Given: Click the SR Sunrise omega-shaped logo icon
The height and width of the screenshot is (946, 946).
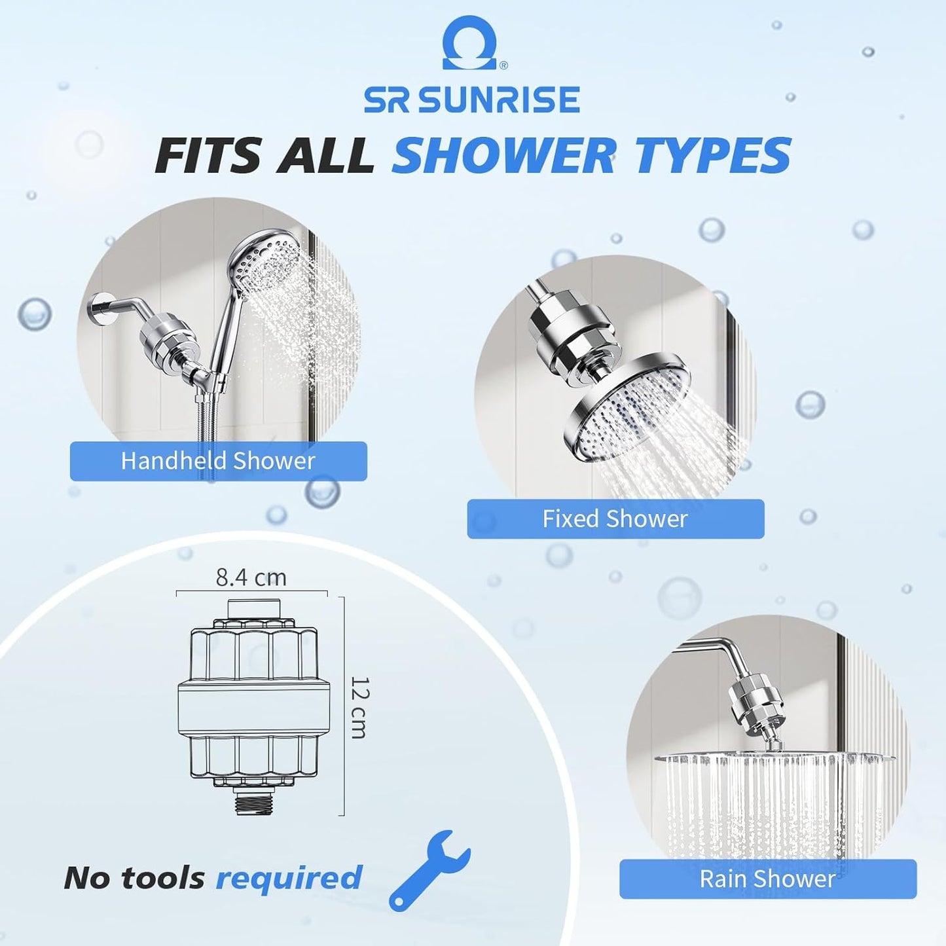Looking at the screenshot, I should tap(470, 43).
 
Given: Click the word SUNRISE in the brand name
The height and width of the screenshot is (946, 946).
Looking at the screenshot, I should tap(500, 100).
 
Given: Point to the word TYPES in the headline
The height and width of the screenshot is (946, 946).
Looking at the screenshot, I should tap(713, 156).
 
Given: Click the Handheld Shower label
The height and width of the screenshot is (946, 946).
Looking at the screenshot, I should tap(218, 461).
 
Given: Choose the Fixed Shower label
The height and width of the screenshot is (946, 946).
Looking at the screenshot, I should tap(615, 519).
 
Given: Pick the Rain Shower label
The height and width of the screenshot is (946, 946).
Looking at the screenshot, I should tap(767, 879).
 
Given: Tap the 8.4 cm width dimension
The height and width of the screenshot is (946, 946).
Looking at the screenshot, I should tap(251, 577).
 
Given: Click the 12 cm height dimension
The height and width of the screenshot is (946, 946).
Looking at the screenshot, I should tap(359, 708).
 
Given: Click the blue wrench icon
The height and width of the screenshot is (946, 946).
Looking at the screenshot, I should tap(428, 871).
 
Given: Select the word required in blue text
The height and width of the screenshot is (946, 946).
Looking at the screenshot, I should tap(289, 878).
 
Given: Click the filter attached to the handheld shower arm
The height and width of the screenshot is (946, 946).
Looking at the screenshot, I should tap(168, 337).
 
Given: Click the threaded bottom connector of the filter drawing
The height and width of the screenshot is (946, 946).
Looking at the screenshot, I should tap(253, 800).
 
